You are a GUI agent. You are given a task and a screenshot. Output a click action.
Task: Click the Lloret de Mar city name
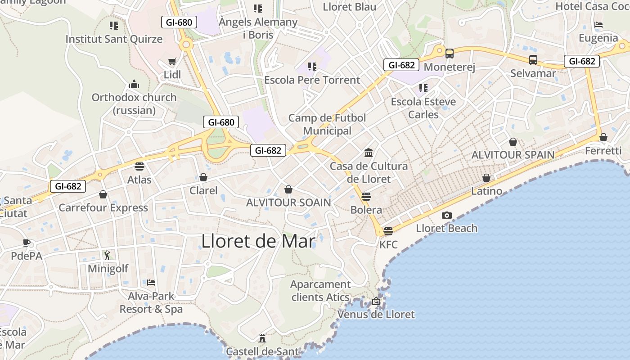point(258,241)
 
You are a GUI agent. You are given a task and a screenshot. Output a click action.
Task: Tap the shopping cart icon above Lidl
point(172,61)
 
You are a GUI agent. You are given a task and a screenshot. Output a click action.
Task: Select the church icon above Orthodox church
point(134,84)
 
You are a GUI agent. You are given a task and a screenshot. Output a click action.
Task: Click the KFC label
point(388,244)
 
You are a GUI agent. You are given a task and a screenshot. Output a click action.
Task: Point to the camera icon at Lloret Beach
point(446,216)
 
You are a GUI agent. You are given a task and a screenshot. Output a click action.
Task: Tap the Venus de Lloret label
point(376,314)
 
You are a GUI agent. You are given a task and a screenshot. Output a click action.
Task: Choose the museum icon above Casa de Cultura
point(369,153)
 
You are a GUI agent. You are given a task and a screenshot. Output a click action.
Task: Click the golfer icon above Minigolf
point(107,256)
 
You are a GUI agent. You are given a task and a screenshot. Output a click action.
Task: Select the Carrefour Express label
point(103,207)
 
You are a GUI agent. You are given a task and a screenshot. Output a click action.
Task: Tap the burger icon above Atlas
point(139,166)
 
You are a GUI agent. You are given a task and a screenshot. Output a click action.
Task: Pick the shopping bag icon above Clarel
point(203,177)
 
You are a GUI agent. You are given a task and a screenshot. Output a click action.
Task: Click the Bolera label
point(366,210)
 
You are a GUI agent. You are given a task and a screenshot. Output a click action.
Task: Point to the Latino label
point(486,191)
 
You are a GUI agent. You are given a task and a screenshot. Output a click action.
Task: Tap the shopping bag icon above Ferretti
point(603,137)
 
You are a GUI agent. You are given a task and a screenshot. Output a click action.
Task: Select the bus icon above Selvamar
point(533,60)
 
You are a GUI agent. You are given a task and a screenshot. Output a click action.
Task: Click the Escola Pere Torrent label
point(312,80)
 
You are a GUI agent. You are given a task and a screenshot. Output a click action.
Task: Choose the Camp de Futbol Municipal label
point(327,124)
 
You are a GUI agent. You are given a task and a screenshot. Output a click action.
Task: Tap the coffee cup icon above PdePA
point(27,243)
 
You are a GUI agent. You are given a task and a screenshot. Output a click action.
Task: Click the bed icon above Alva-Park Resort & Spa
point(151,283)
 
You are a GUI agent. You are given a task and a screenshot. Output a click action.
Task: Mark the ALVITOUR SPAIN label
point(513,155)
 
